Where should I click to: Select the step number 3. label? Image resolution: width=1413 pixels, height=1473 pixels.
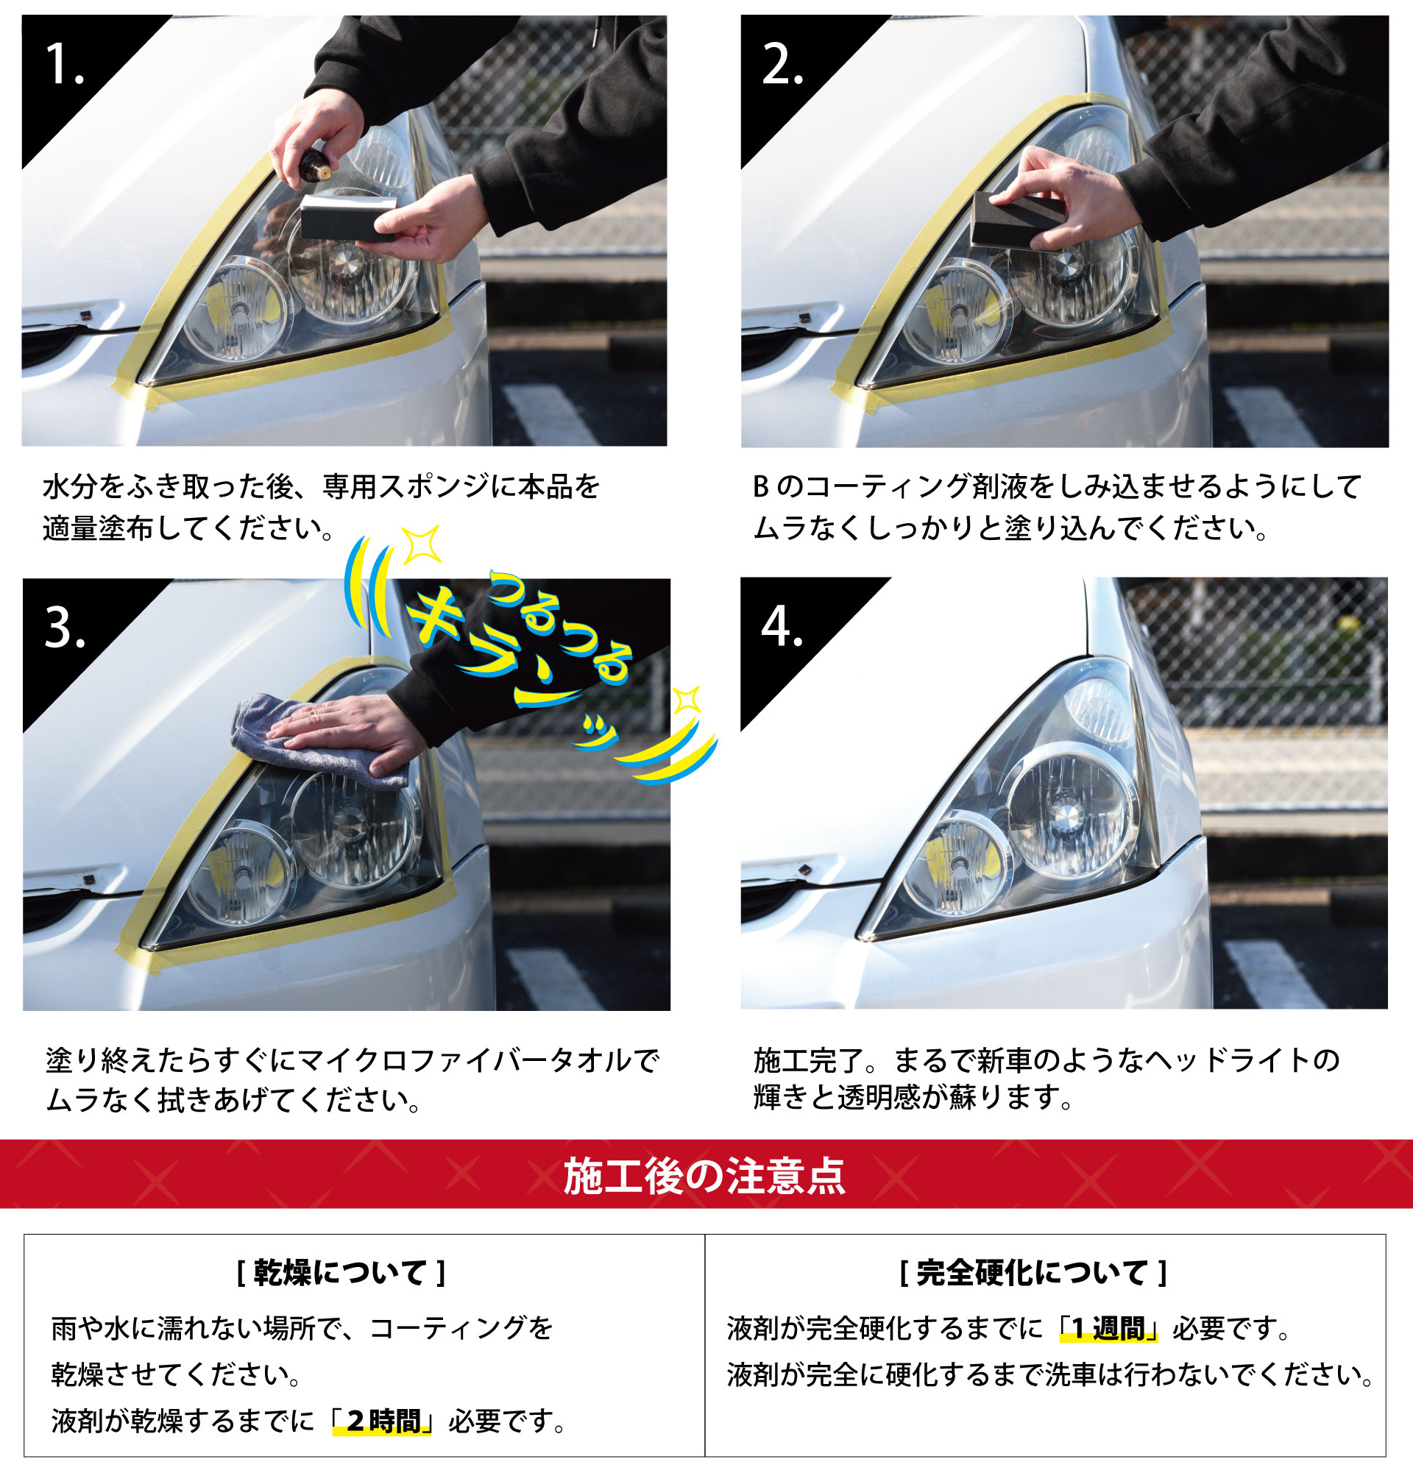(x=65, y=627)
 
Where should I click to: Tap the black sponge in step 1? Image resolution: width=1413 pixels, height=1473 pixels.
(x=349, y=215)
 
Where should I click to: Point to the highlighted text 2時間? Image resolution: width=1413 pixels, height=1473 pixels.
(x=383, y=1420)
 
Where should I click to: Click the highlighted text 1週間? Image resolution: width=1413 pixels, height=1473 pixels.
(x=1108, y=1329)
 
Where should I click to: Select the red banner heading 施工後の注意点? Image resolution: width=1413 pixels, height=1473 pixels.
(x=705, y=1176)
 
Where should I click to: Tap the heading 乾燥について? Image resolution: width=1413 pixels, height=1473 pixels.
(x=341, y=1272)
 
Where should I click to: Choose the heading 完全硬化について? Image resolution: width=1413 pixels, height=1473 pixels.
(x=1033, y=1272)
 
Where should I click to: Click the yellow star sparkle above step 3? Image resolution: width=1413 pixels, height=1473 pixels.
(x=421, y=545)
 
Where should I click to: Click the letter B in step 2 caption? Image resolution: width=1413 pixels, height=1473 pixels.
(x=761, y=487)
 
